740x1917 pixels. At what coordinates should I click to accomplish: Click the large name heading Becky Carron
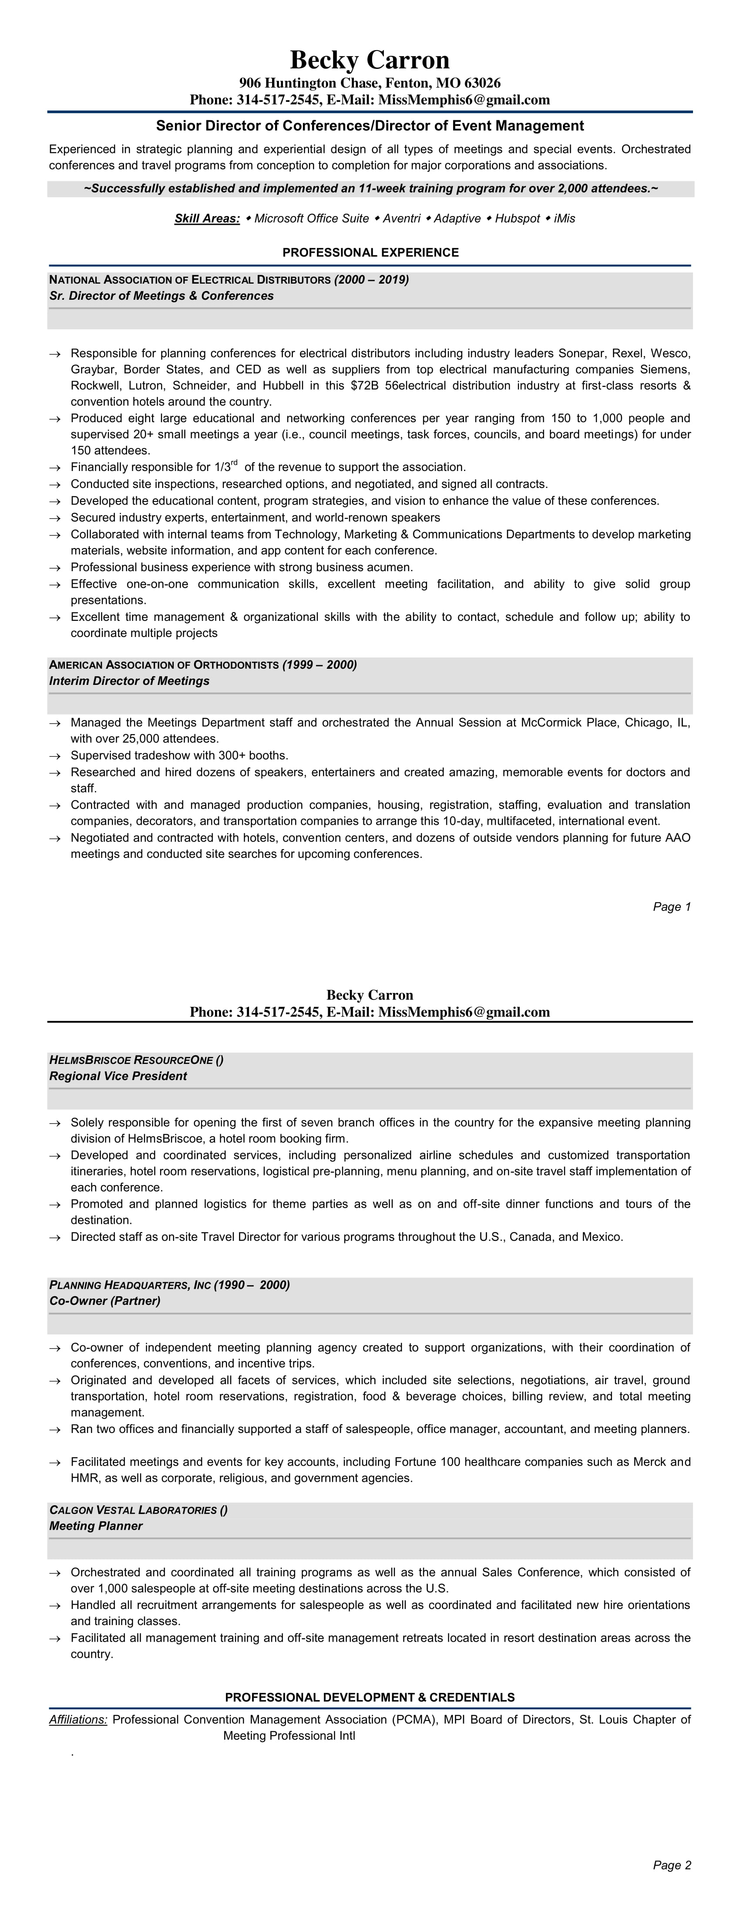(370, 60)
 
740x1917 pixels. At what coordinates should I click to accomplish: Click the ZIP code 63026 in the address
(484, 83)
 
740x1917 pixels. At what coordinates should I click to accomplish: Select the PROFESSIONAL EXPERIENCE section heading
(370, 252)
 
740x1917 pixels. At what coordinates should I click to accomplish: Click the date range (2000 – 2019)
(372, 280)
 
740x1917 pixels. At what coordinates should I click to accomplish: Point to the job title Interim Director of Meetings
(129, 681)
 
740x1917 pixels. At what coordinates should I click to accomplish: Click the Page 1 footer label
(672, 906)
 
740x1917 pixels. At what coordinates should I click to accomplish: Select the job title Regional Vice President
(118, 1076)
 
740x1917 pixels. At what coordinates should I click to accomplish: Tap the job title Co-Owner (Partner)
(105, 1301)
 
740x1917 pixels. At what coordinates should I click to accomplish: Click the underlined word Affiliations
(78, 1720)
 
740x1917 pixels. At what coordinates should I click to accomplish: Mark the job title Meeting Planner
(96, 1526)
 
